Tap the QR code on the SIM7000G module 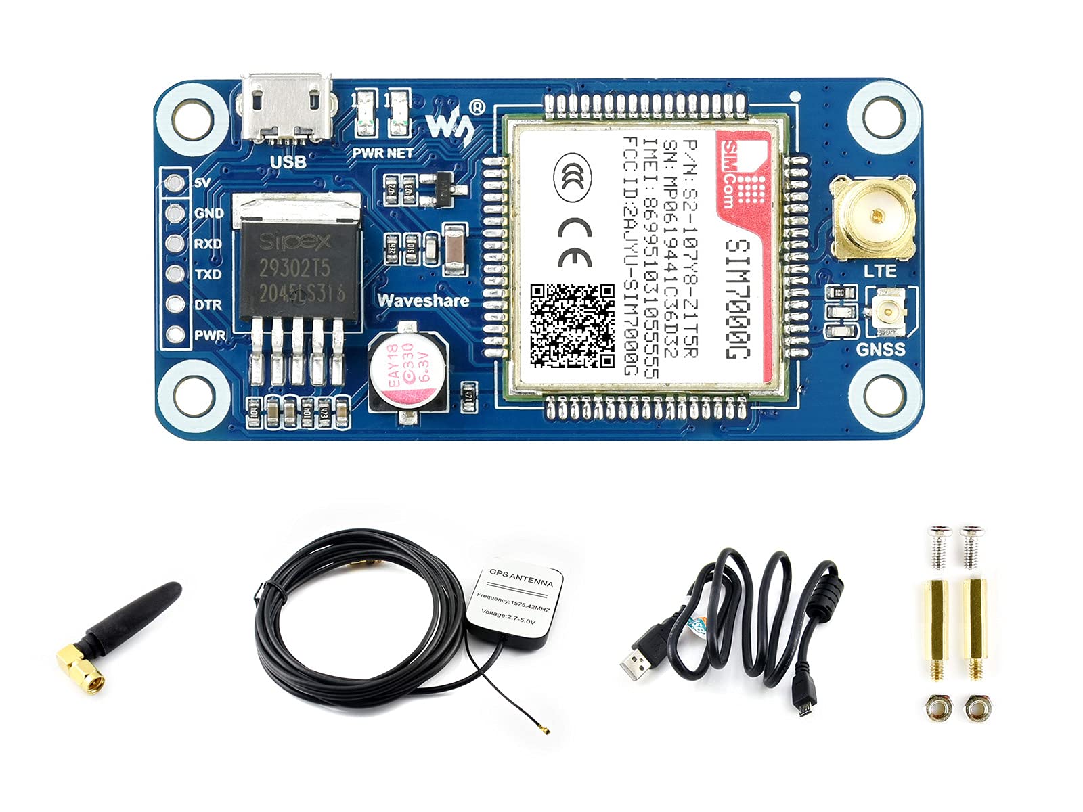pyautogui.click(x=572, y=325)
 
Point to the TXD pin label pyautogui.click(x=208, y=275)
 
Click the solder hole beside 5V pyautogui.click(x=175, y=183)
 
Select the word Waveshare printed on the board pyautogui.click(x=423, y=300)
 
